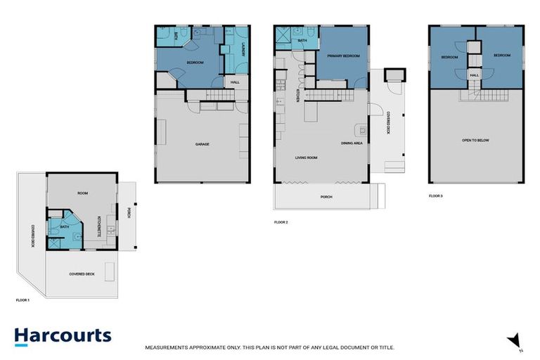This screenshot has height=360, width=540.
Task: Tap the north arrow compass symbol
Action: (x=515, y=340)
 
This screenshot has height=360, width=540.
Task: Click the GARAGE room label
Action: (x=202, y=145)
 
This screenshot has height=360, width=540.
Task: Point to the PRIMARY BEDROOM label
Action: (x=343, y=56)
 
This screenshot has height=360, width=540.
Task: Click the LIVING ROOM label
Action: (x=306, y=158)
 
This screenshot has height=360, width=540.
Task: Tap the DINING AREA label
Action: (x=352, y=143)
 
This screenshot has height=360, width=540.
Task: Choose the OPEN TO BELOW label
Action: (x=475, y=141)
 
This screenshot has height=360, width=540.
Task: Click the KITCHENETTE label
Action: (x=98, y=225)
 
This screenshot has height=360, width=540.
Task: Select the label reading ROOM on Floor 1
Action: (x=82, y=192)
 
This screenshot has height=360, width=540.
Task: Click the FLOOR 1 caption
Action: (x=23, y=300)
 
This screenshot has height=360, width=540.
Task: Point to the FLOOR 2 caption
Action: (x=281, y=221)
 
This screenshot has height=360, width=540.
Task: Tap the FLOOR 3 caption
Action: (x=436, y=195)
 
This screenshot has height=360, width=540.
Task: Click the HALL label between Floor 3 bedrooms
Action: (x=475, y=75)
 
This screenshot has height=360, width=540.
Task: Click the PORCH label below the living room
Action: (x=326, y=197)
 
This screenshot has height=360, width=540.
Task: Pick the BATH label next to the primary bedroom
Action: (x=302, y=41)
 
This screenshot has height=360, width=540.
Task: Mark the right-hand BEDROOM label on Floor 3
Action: (x=501, y=55)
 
